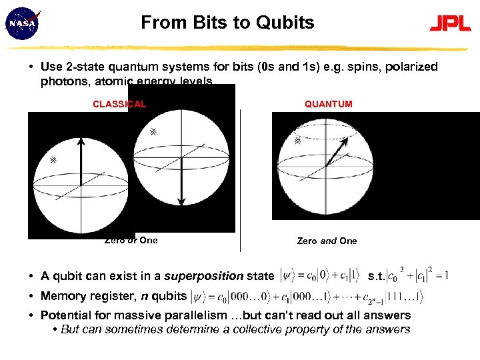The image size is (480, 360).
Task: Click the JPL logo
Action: tap(450, 25)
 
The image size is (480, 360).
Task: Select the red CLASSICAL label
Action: tap(119, 104)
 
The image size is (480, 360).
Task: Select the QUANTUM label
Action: tap(329, 104)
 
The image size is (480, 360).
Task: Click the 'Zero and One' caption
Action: tap(327, 241)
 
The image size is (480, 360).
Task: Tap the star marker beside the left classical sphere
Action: tap(53, 161)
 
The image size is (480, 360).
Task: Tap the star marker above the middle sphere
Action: tap(153, 132)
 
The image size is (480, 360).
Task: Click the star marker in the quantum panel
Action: tap(297, 141)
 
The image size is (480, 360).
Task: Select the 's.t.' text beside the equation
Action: tap(376, 275)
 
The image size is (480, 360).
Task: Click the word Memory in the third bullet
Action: tap(63, 296)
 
